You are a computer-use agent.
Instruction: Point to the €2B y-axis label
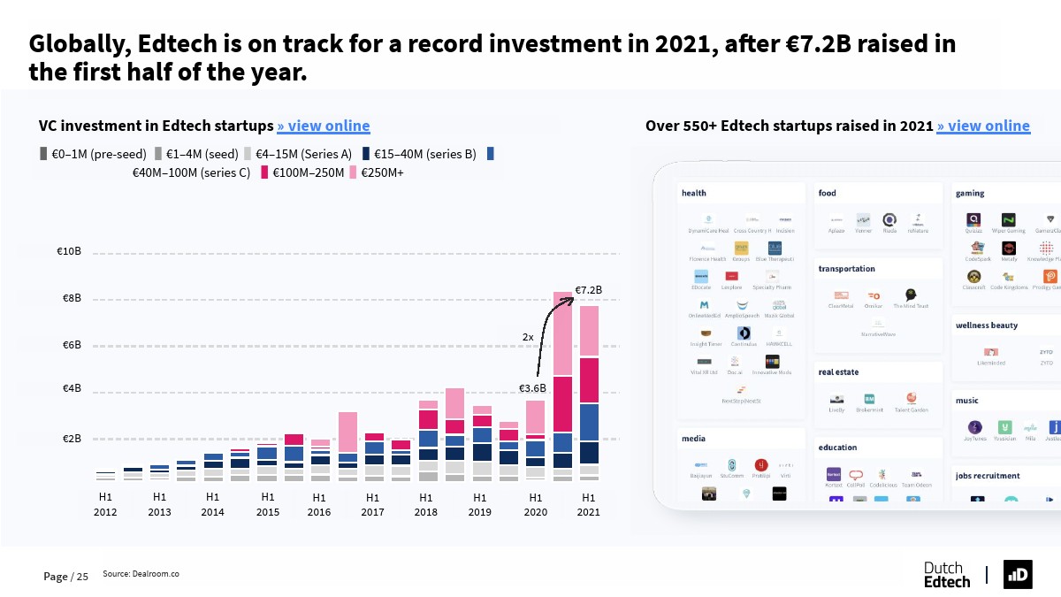(x=72, y=439)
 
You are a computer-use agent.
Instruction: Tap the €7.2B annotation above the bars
(x=588, y=290)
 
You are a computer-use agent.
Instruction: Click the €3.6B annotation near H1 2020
(x=532, y=388)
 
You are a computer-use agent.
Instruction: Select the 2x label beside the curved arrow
(x=528, y=337)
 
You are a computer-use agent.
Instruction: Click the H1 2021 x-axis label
(x=588, y=504)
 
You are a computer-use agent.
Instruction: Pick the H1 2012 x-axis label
(x=105, y=504)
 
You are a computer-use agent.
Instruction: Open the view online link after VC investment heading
(x=324, y=126)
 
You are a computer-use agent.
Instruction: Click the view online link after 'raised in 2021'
(x=983, y=126)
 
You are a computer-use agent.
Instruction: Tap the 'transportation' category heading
(x=846, y=269)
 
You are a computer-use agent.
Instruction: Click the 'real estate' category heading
(x=838, y=372)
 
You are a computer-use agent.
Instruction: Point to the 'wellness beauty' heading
(x=986, y=325)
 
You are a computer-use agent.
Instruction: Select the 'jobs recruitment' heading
(x=988, y=476)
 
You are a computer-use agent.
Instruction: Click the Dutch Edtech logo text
(x=946, y=575)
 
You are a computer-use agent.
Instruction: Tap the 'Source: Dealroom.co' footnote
(x=141, y=574)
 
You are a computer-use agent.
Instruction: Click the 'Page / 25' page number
(x=66, y=577)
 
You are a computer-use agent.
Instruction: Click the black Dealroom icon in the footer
(x=1018, y=575)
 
